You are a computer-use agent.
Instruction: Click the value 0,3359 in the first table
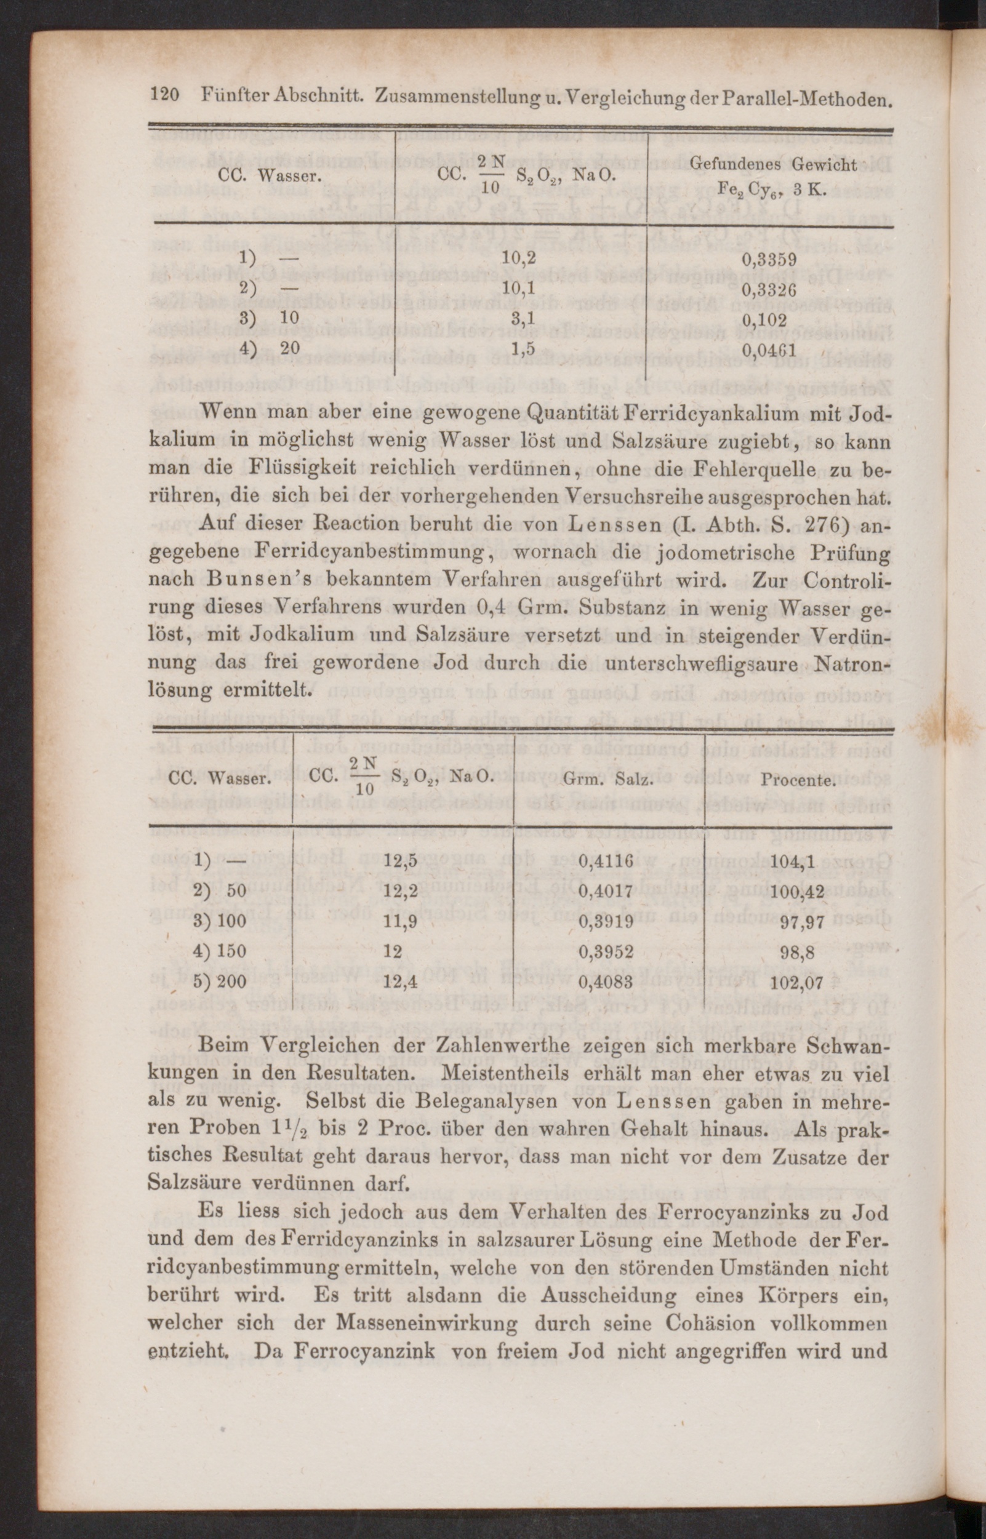(769, 260)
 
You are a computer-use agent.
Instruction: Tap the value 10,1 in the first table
(519, 290)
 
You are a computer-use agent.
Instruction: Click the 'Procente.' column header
(797, 781)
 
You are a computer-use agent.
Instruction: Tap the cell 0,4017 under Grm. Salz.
(606, 891)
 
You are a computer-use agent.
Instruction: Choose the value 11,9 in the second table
(401, 922)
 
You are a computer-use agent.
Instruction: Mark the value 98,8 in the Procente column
(797, 953)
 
